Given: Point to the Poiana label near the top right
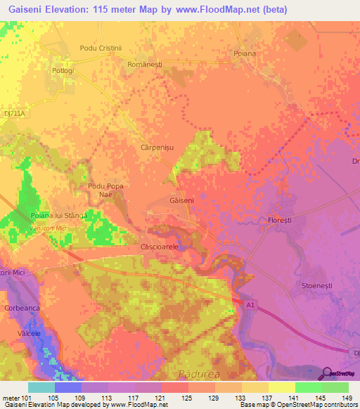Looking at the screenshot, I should [244, 53].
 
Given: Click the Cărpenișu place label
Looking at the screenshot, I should [158, 148].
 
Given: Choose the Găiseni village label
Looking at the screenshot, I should [181, 200].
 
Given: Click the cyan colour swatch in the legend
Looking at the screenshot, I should [41, 387].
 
